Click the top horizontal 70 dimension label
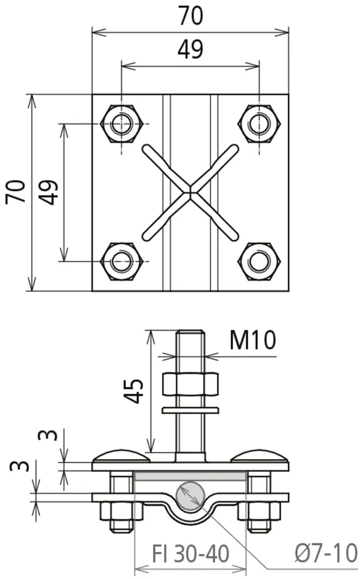coord(190,16)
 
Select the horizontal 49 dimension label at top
coord(190,49)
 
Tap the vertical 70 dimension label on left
coord(16,192)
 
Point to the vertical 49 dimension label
coord(49,192)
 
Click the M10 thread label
coord(253,340)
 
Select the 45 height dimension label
coord(133,390)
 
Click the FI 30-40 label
coord(190,554)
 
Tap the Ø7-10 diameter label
coord(326,553)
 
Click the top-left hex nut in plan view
coord(121,123)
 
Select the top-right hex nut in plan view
coord(259,123)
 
